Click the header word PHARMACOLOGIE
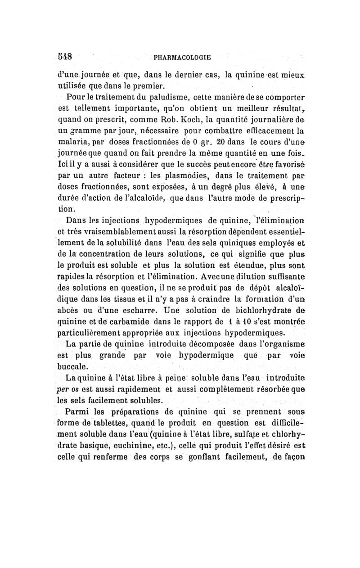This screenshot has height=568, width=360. click(182, 58)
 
